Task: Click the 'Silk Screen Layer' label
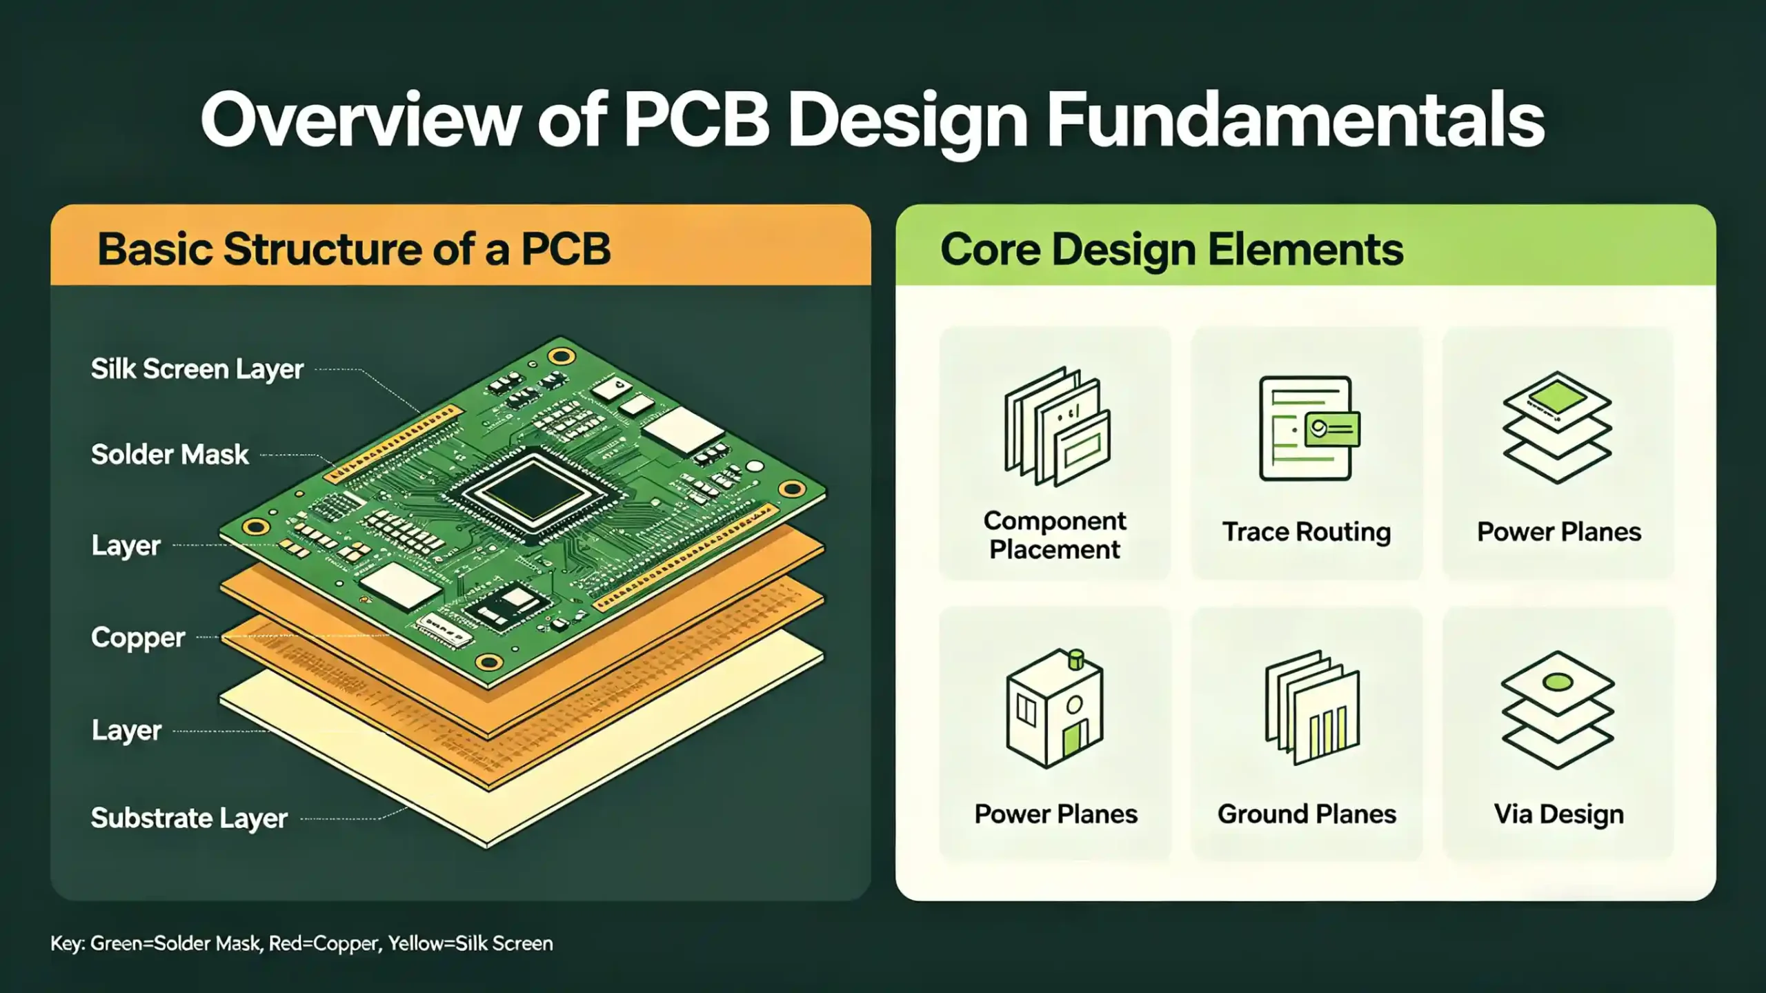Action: tap(197, 369)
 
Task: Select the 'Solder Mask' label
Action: tap(170, 455)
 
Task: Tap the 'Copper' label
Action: tap(138, 638)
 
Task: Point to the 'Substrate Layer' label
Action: tap(189, 818)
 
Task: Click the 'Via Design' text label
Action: tap(1558, 814)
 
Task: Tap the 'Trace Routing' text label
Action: tap(1307, 532)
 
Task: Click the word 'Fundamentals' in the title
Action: tap(1295, 121)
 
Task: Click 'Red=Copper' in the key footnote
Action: tap(324, 943)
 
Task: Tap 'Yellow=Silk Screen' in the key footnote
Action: tap(470, 943)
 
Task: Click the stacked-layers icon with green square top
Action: tap(1558, 428)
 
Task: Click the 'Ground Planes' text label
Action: tap(1307, 814)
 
